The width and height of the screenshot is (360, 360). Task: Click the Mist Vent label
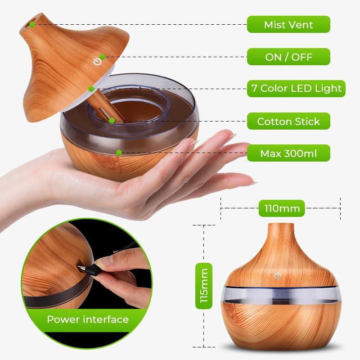tap(288, 24)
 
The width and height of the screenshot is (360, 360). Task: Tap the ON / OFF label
tap(288, 57)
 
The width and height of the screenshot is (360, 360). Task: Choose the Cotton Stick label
tap(288, 121)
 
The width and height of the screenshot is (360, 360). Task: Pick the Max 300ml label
tap(288, 153)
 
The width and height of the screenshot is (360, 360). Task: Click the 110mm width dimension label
tap(279, 208)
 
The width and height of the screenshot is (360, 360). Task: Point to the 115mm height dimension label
tap(203, 286)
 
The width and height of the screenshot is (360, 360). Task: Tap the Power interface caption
tap(88, 320)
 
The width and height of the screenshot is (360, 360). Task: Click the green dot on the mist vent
tap(33, 24)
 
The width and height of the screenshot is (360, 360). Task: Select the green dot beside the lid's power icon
tap(103, 57)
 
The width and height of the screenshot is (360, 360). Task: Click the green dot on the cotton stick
tap(111, 120)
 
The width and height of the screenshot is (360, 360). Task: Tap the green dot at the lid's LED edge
tap(91, 89)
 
